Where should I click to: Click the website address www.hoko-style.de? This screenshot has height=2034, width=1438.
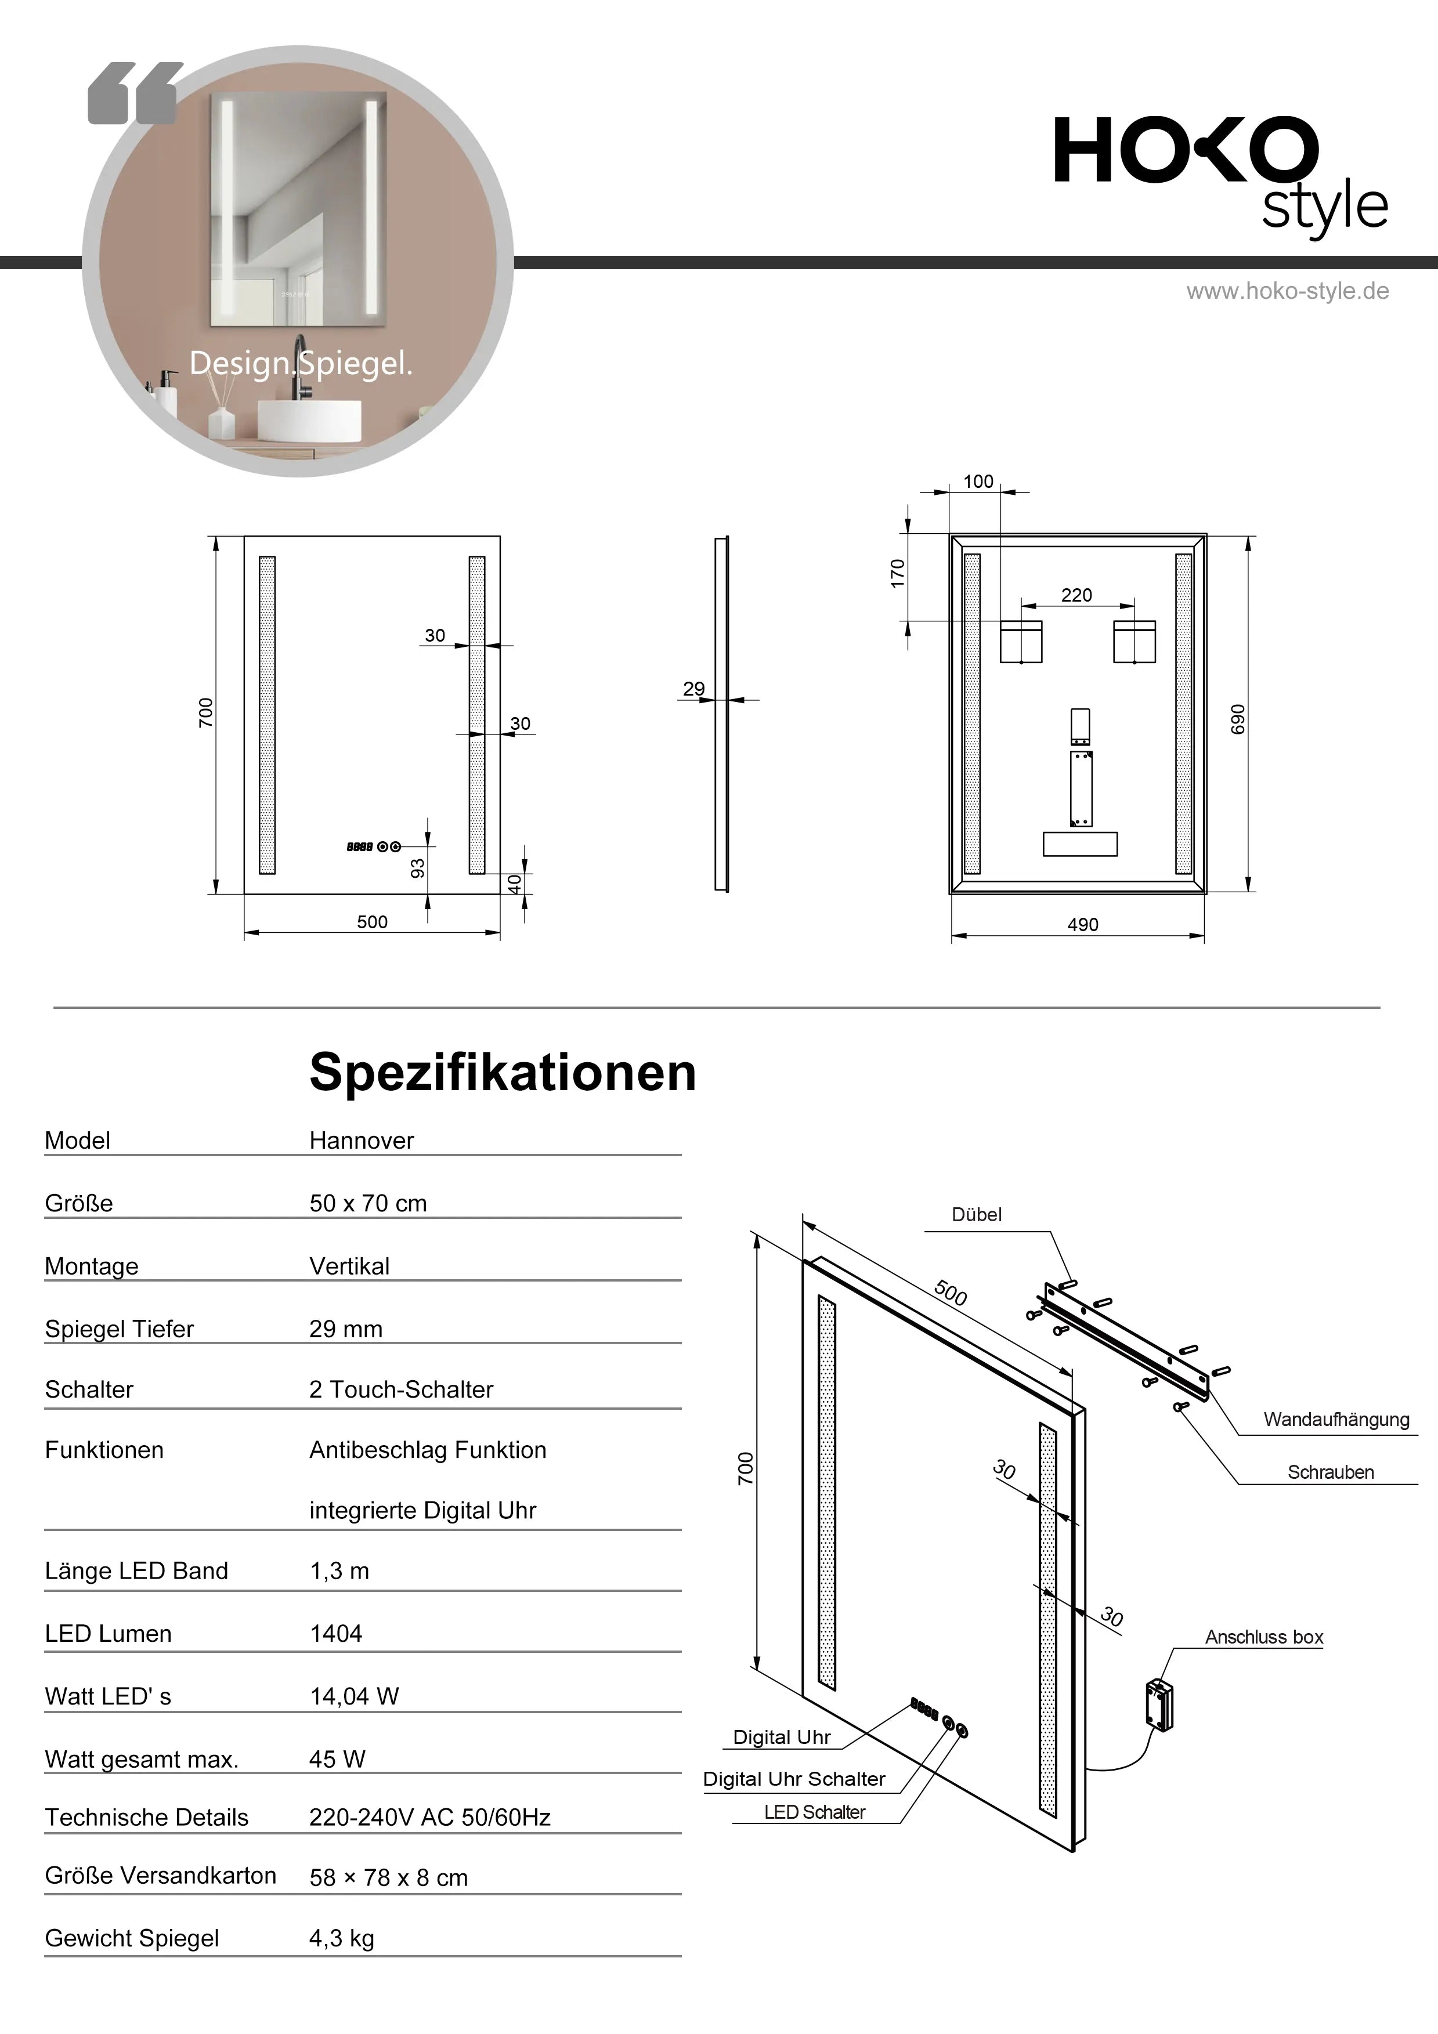click(1287, 291)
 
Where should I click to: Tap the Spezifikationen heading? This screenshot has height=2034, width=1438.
click(503, 1072)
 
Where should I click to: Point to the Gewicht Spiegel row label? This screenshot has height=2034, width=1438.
click(132, 1938)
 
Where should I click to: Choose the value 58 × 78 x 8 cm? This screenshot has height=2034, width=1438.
click(388, 1877)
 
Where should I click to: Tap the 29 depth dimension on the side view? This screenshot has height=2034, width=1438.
click(693, 688)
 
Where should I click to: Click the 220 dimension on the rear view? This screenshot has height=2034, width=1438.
click(1076, 595)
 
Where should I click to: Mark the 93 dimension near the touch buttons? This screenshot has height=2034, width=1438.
click(417, 868)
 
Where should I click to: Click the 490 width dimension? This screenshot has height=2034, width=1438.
click(1083, 925)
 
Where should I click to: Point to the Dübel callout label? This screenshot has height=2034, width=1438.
click(977, 1215)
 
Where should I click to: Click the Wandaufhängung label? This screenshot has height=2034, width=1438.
click(1336, 1419)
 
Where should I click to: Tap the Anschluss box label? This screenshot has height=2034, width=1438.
click(1263, 1637)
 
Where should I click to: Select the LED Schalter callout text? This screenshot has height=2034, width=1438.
click(814, 1812)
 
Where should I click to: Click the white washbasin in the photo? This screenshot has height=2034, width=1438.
click(309, 420)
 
